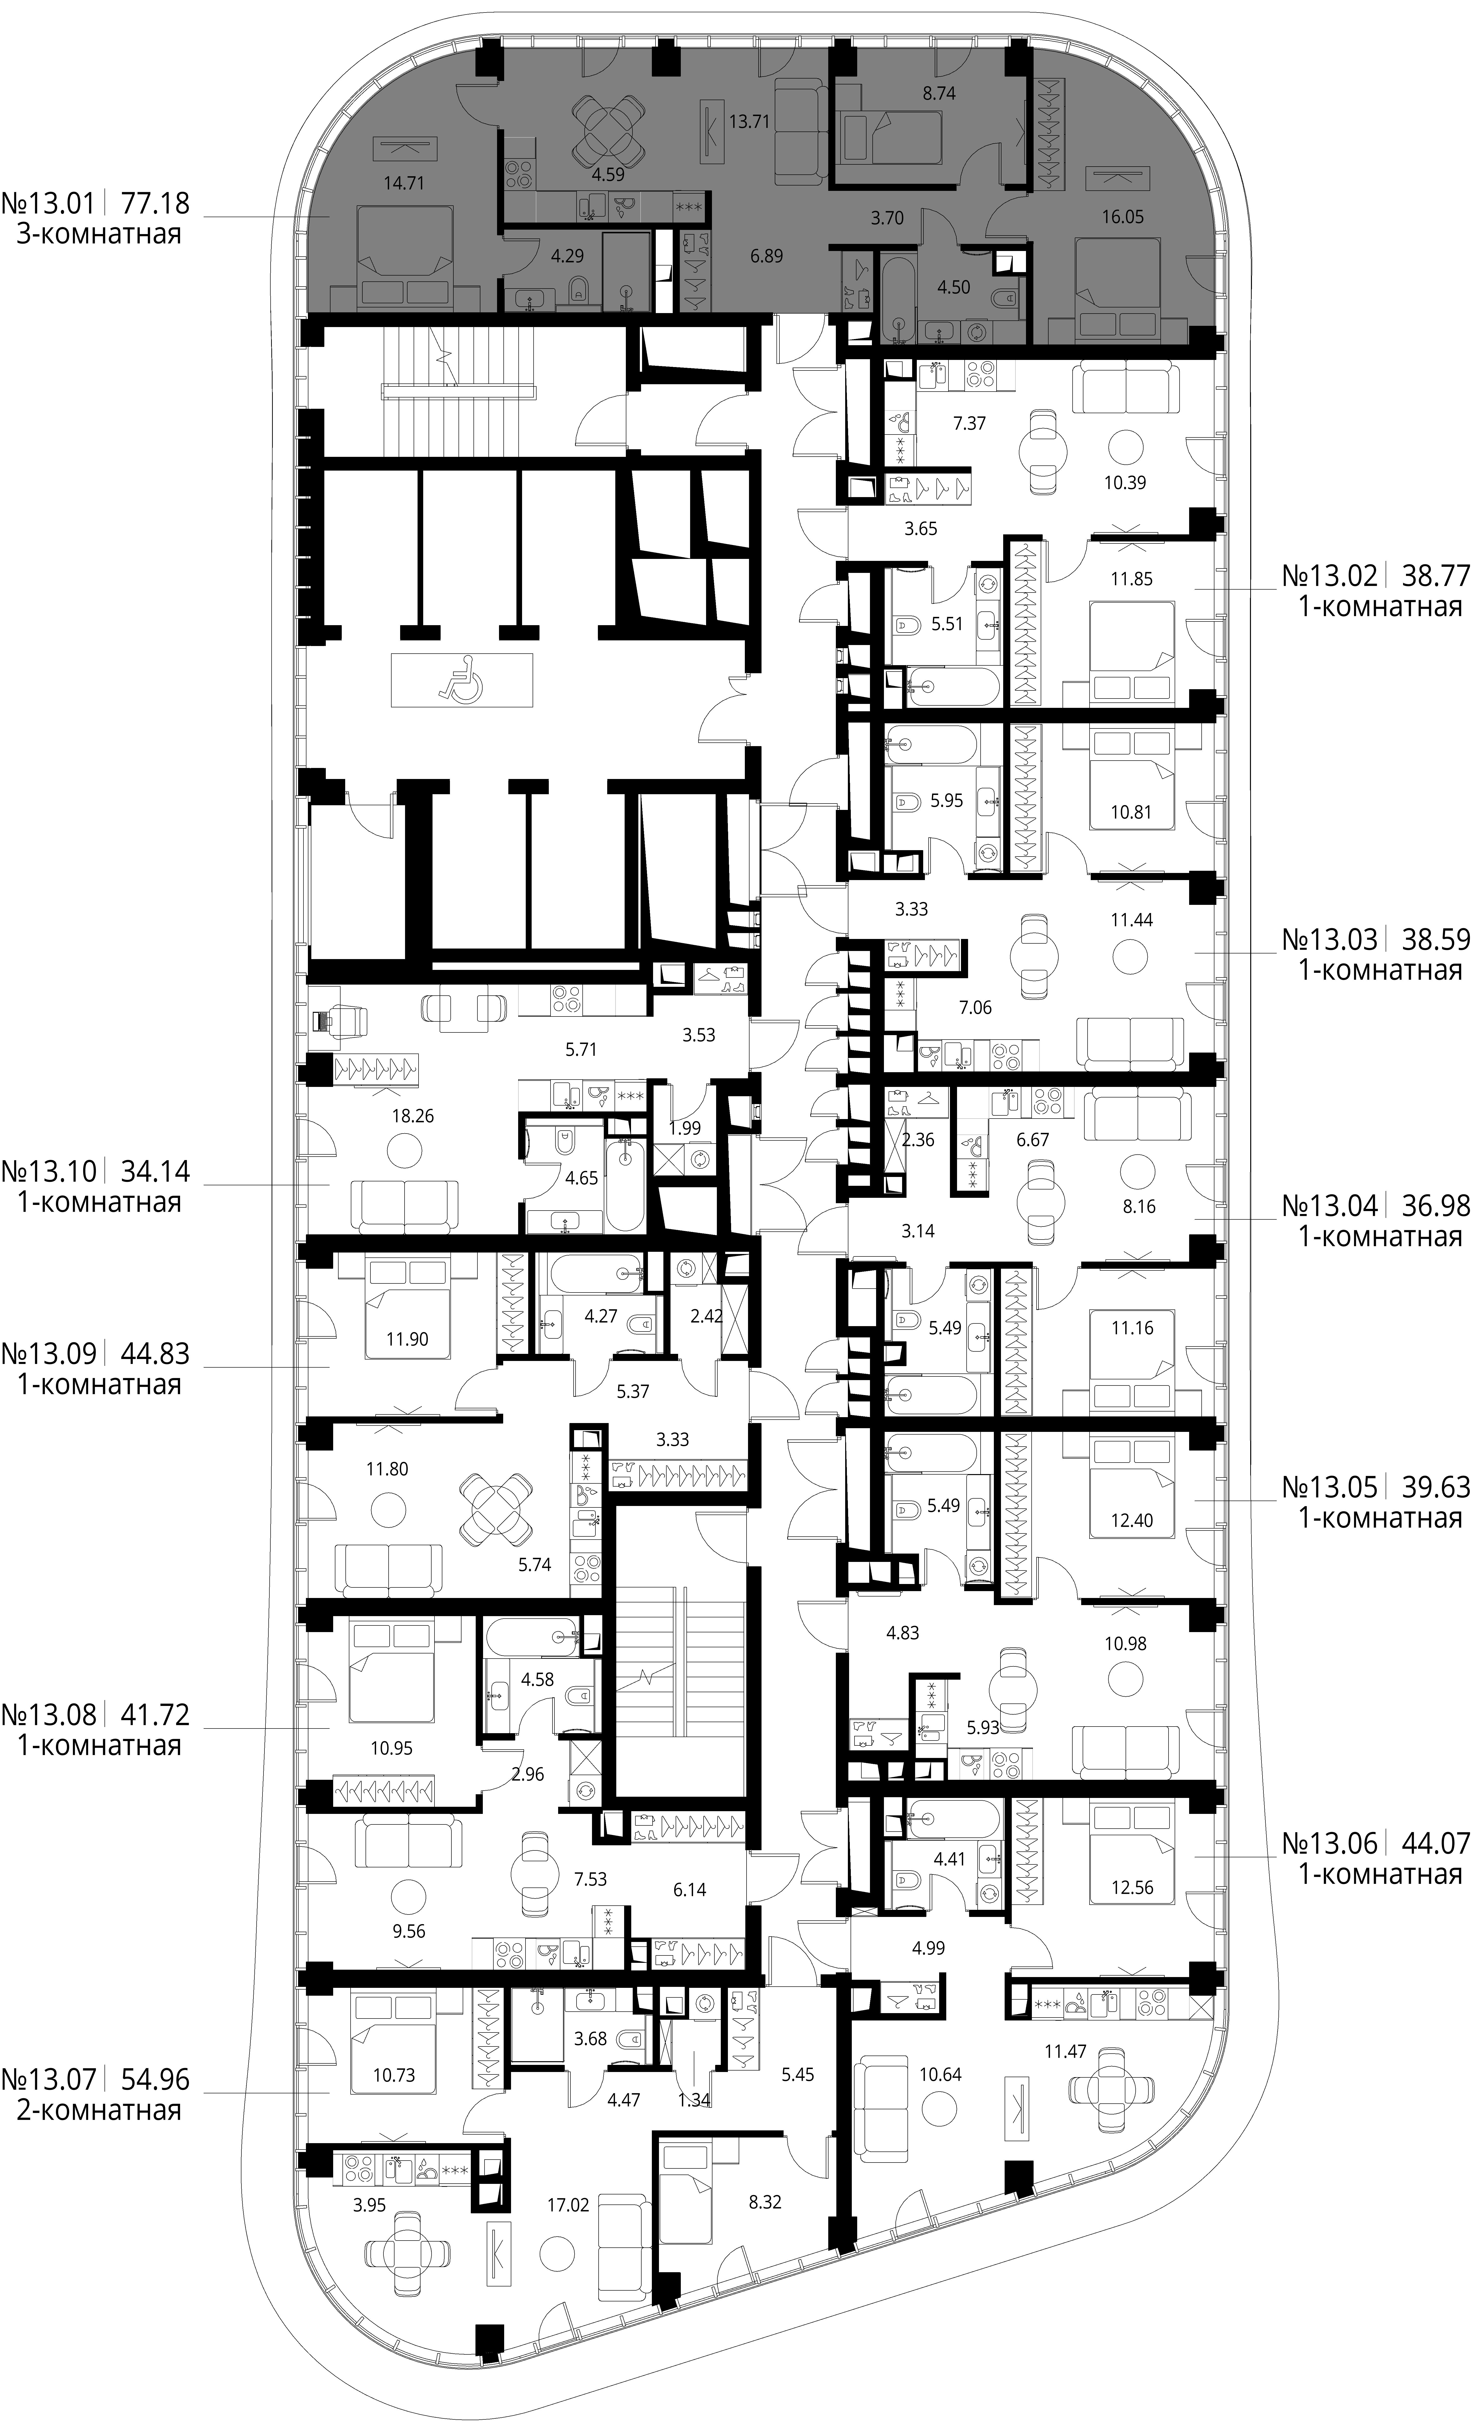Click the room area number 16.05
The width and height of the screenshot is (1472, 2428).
point(1122,217)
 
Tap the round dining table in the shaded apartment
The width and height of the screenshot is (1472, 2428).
point(609,133)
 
